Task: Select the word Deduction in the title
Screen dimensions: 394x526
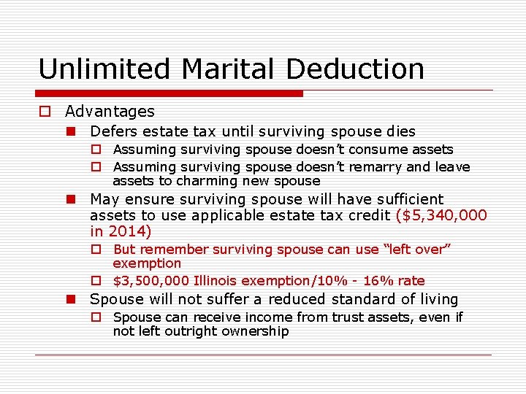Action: point(356,69)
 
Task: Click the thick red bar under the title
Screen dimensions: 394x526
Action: point(169,93)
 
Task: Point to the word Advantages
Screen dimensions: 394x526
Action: point(110,112)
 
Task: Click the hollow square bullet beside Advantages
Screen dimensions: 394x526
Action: point(45,112)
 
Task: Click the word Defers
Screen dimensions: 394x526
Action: point(113,132)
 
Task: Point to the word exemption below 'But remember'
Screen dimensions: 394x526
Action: point(147,263)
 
